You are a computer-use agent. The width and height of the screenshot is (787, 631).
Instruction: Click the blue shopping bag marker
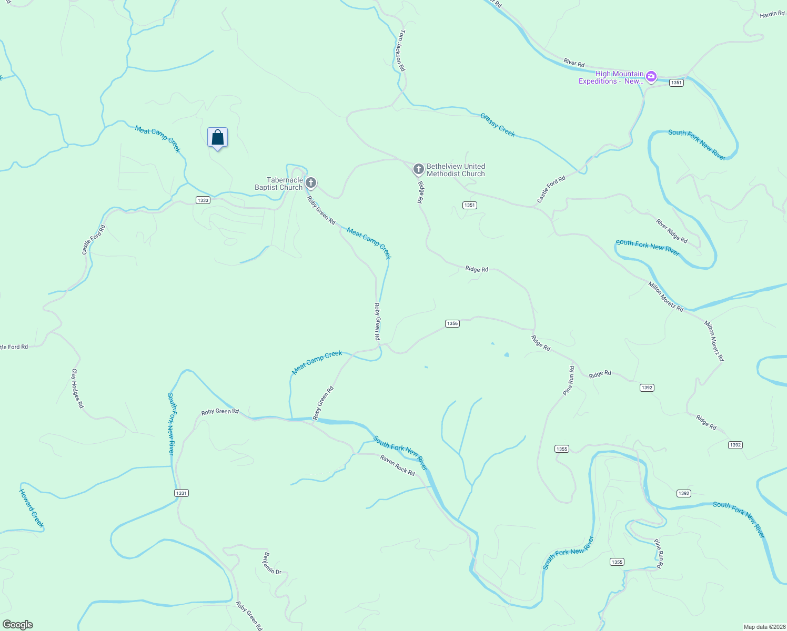pos(217,138)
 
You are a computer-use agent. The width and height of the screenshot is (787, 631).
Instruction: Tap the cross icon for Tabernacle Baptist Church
pos(311,183)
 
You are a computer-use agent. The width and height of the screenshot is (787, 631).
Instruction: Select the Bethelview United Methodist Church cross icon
pos(418,169)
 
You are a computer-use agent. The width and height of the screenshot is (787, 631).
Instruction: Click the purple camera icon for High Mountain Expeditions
pos(651,77)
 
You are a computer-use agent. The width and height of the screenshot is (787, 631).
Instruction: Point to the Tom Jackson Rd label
pos(402,50)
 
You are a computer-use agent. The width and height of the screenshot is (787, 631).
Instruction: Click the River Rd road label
pos(573,63)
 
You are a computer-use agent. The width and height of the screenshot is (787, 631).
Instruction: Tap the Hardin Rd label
pos(772,15)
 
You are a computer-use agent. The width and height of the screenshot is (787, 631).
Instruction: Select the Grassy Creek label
pos(497,125)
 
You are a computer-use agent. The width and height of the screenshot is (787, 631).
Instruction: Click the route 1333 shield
pos(203,200)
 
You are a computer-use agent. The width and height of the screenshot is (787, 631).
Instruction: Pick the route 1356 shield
pos(452,323)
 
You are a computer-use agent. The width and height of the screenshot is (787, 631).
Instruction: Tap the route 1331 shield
pos(181,493)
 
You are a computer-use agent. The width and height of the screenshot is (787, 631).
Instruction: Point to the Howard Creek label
pos(32,508)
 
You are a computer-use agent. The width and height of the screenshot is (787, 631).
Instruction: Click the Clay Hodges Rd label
pos(77,388)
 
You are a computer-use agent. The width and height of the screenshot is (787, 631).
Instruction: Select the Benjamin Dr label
pos(273,563)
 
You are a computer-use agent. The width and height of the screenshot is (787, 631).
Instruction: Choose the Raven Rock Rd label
pos(397,465)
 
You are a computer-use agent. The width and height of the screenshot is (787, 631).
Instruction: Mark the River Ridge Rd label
pos(671,231)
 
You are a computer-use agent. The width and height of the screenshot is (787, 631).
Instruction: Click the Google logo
pos(18,625)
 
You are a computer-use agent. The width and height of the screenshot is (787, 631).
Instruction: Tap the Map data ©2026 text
pos(763,627)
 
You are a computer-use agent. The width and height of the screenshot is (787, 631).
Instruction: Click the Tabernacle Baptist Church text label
pos(279,184)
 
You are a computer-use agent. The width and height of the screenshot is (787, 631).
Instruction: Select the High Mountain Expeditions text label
pos(611,77)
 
